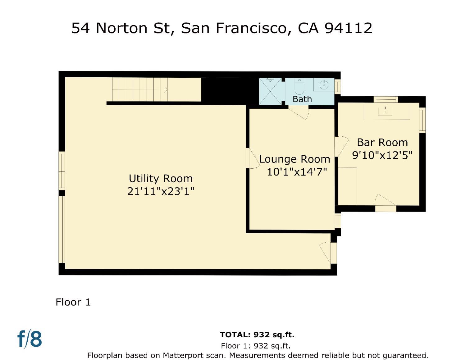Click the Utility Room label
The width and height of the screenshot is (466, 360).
tap(161, 179)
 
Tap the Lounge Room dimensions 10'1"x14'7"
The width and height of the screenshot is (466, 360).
tap(297, 172)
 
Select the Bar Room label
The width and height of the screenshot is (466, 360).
tap(382, 143)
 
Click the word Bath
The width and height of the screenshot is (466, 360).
tap(302, 99)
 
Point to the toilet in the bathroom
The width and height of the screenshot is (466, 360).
tap(299, 88)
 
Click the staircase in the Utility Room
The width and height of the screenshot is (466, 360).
tap(146, 89)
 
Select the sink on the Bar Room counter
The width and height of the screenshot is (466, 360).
tap(385, 110)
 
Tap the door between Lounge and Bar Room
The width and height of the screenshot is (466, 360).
tap(341, 146)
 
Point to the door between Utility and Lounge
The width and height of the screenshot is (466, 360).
tap(252, 159)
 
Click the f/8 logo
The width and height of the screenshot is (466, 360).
tap(30, 339)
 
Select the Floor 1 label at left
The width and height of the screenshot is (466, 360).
tap(73, 302)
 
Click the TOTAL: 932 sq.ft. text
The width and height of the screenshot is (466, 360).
tap(257, 335)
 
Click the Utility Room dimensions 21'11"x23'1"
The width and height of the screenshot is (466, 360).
tap(161, 191)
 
